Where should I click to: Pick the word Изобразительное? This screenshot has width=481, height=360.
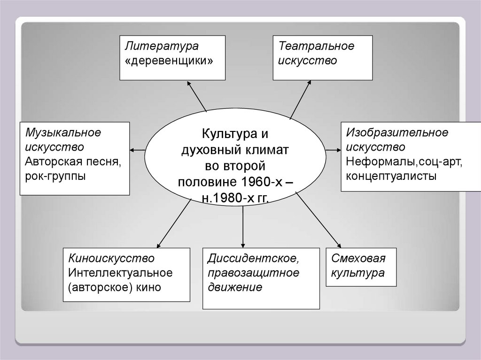[x=397, y=133]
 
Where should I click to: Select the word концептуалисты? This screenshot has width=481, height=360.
[x=391, y=177]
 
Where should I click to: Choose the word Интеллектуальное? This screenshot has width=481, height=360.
[x=120, y=272]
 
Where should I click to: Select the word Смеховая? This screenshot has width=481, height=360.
[x=358, y=258]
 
